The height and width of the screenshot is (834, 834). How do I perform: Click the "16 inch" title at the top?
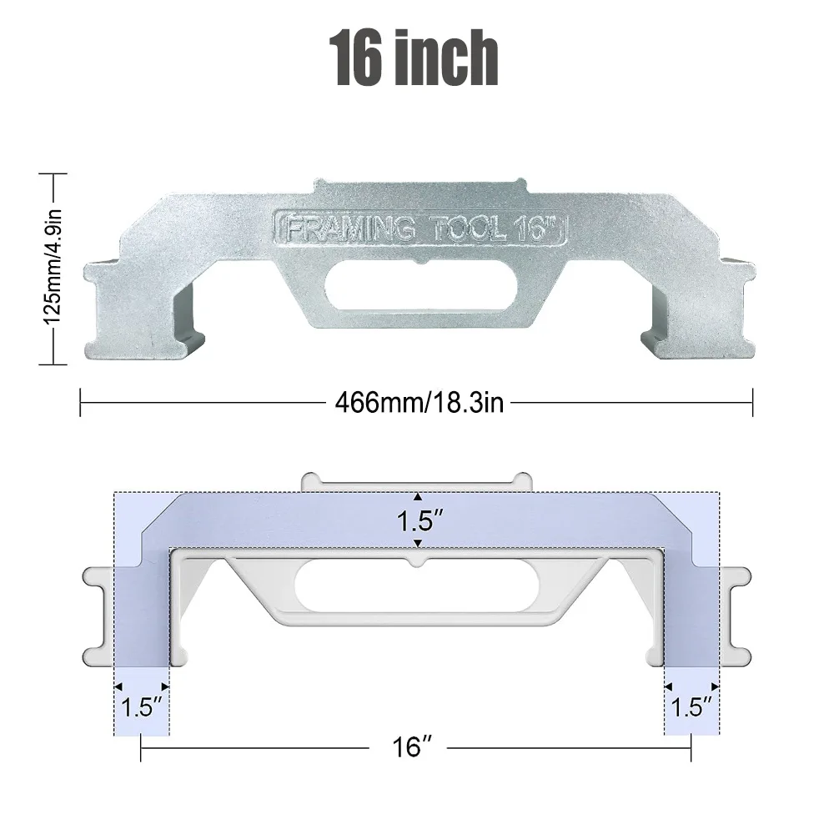(414, 58)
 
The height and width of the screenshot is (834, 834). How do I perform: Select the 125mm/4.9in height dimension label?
(53, 267)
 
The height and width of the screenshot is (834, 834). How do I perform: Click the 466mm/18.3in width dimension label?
(420, 403)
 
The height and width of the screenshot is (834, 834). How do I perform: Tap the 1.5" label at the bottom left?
(142, 707)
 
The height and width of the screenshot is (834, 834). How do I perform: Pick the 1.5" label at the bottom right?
(691, 707)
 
